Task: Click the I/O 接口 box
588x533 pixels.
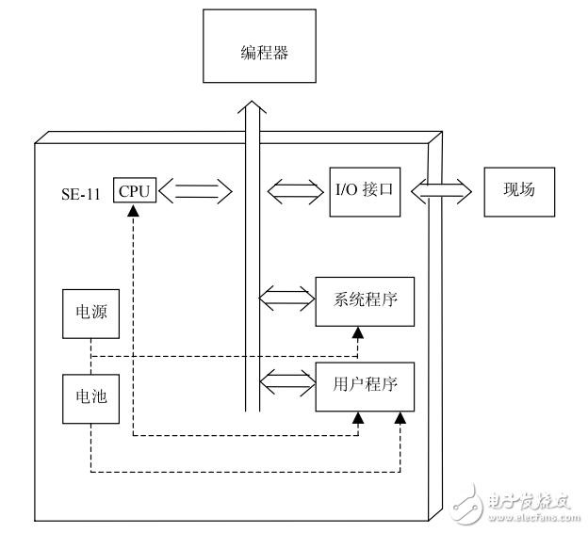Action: point(364,190)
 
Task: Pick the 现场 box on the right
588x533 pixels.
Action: point(518,190)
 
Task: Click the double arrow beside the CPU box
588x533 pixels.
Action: point(194,192)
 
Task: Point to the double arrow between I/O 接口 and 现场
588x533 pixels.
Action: point(441,191)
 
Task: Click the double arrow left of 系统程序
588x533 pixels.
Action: point(286,300)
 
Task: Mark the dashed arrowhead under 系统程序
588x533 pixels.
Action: point(357,331)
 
